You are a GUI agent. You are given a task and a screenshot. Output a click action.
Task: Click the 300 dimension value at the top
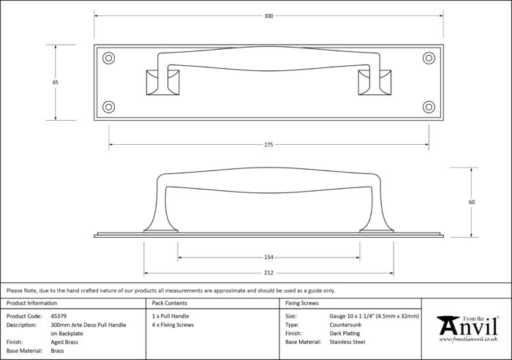pos(268,16)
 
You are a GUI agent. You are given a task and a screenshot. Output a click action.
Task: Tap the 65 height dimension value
pos(55,83)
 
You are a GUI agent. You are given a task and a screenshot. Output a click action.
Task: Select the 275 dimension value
pos(268,145)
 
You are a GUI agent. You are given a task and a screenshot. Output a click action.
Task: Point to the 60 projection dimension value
pos(472,202)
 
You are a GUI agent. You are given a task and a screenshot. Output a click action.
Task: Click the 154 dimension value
pos(268,258)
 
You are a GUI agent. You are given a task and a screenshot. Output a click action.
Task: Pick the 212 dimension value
pos(268,273)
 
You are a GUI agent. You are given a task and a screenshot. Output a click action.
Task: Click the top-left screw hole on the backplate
pos(108,58)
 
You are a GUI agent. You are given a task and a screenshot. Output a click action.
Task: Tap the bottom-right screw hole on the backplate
pos(429,107)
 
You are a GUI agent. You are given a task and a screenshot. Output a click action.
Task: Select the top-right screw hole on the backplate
pos(429,58)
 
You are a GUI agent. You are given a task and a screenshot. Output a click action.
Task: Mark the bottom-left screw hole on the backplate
pos(108,107)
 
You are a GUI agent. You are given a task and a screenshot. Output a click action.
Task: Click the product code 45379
pos(59,316)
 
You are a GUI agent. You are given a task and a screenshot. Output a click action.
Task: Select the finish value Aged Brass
pos(64,342)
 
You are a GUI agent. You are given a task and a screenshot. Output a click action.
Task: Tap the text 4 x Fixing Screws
pos(173,325)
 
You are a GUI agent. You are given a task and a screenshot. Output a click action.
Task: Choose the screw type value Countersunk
pos(345,325)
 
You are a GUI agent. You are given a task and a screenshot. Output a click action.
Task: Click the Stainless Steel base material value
pos(347,342)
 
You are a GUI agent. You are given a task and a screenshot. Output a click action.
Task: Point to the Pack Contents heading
pos(170,303)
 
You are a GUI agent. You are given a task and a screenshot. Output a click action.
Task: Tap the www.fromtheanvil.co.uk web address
pos(468,340)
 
